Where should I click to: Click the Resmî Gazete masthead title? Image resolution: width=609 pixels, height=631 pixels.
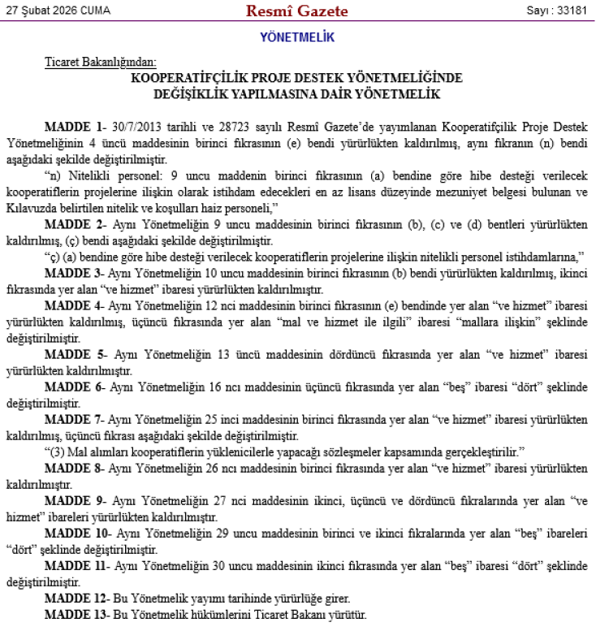click(297, 11)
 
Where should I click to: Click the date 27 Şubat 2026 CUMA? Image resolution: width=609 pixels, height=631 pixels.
click(58, 11)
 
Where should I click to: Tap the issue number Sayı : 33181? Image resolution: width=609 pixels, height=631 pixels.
click(556, 11)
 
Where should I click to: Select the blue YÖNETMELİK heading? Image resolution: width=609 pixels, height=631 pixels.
click(297, 37)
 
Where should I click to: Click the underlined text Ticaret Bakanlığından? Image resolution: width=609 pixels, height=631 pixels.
click(101, 62)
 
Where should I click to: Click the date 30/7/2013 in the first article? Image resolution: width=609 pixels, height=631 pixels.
click(137, 128)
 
